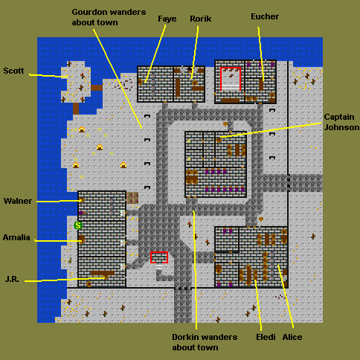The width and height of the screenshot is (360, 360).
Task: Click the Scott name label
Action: [x=13, y=71]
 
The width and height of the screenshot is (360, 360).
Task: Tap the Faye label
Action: [x=167, y=19]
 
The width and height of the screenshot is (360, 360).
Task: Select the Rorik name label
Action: [x=201, y=19]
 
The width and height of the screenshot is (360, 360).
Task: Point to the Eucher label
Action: [x=265, y=16]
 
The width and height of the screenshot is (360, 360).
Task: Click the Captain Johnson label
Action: [x=341, y=122]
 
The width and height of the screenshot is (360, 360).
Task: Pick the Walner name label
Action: [x=18, y=201]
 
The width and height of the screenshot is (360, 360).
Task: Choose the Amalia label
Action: [x=16, y=237]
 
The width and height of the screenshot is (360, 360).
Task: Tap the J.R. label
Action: [x=12, y=279]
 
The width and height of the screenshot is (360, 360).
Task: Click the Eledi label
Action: [x=266, y=337]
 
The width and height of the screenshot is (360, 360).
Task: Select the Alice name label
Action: [x=292, y=337]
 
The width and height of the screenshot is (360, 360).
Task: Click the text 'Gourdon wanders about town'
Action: [x=109, y=17]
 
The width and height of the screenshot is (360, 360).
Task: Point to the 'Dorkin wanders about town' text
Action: [x=205, y=342]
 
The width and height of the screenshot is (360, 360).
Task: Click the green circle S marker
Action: [x=78, y=225]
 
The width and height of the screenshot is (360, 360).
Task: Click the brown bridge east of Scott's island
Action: [x=97, y=88]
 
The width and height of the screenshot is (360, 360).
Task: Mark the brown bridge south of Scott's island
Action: [x=76, y=109]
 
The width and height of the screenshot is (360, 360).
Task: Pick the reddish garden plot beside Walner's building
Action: [x=132, y=198]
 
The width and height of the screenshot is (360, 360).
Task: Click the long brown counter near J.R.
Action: [x=103, y=273]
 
